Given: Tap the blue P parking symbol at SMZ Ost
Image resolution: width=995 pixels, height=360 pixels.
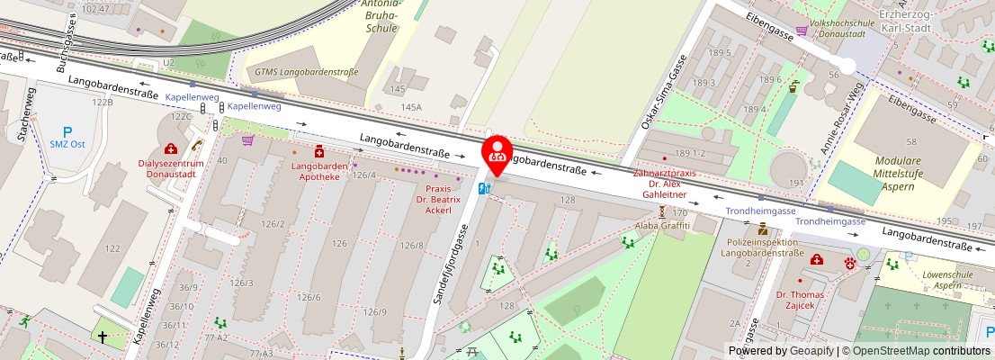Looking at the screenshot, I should [67, 131].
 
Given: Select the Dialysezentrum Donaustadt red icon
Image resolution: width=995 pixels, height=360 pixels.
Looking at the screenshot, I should [170, 148].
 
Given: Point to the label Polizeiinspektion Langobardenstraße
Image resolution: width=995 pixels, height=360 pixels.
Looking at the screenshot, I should [763, 247].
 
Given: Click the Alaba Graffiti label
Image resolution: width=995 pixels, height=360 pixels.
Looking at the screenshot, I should [662, 225].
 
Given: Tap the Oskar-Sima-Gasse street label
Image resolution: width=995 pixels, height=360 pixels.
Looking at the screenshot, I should [663, 92].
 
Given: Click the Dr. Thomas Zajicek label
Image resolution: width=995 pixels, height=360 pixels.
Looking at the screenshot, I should [801, 300].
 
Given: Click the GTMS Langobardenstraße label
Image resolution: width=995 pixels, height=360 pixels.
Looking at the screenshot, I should [306, 71].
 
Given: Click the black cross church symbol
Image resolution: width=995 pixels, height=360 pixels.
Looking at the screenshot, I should [103, 337].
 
